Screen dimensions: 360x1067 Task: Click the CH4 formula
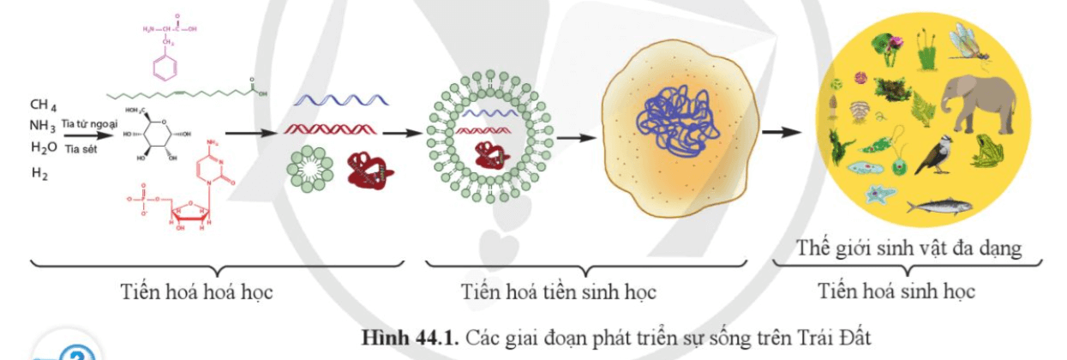pyautogui.click(x=43, y=106)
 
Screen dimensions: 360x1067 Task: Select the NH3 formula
pyautogui.click(x=43, y=127)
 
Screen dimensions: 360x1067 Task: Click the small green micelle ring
pyautogui.click(x=310, y=168)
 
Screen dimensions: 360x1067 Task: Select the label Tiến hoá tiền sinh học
pyautogui.click(x=558, y=292)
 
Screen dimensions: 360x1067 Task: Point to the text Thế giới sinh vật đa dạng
pyautogui.click(x=909, y=249)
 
